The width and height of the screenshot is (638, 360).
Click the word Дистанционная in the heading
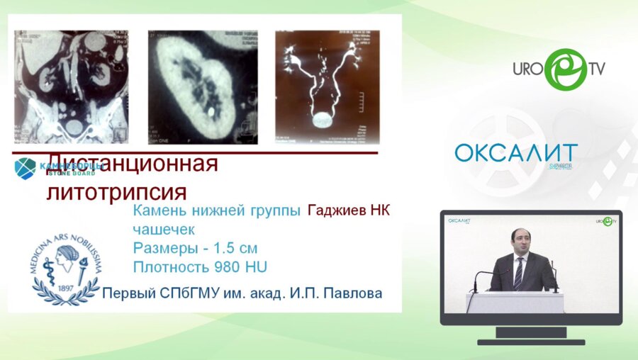[x=132, y=165]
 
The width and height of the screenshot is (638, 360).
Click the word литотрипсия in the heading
[x=116, y=191]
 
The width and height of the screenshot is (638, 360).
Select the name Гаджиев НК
[x=349, y=210]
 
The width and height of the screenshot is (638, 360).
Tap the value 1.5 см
[x=236, y=249]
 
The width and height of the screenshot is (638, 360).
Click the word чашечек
[x=163, y=230]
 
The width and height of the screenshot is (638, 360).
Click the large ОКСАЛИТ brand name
[x=515, y=154]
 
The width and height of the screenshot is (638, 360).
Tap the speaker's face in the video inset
[x=521, y=243]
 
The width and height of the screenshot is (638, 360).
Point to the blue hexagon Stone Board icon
[x=25, y=168]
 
